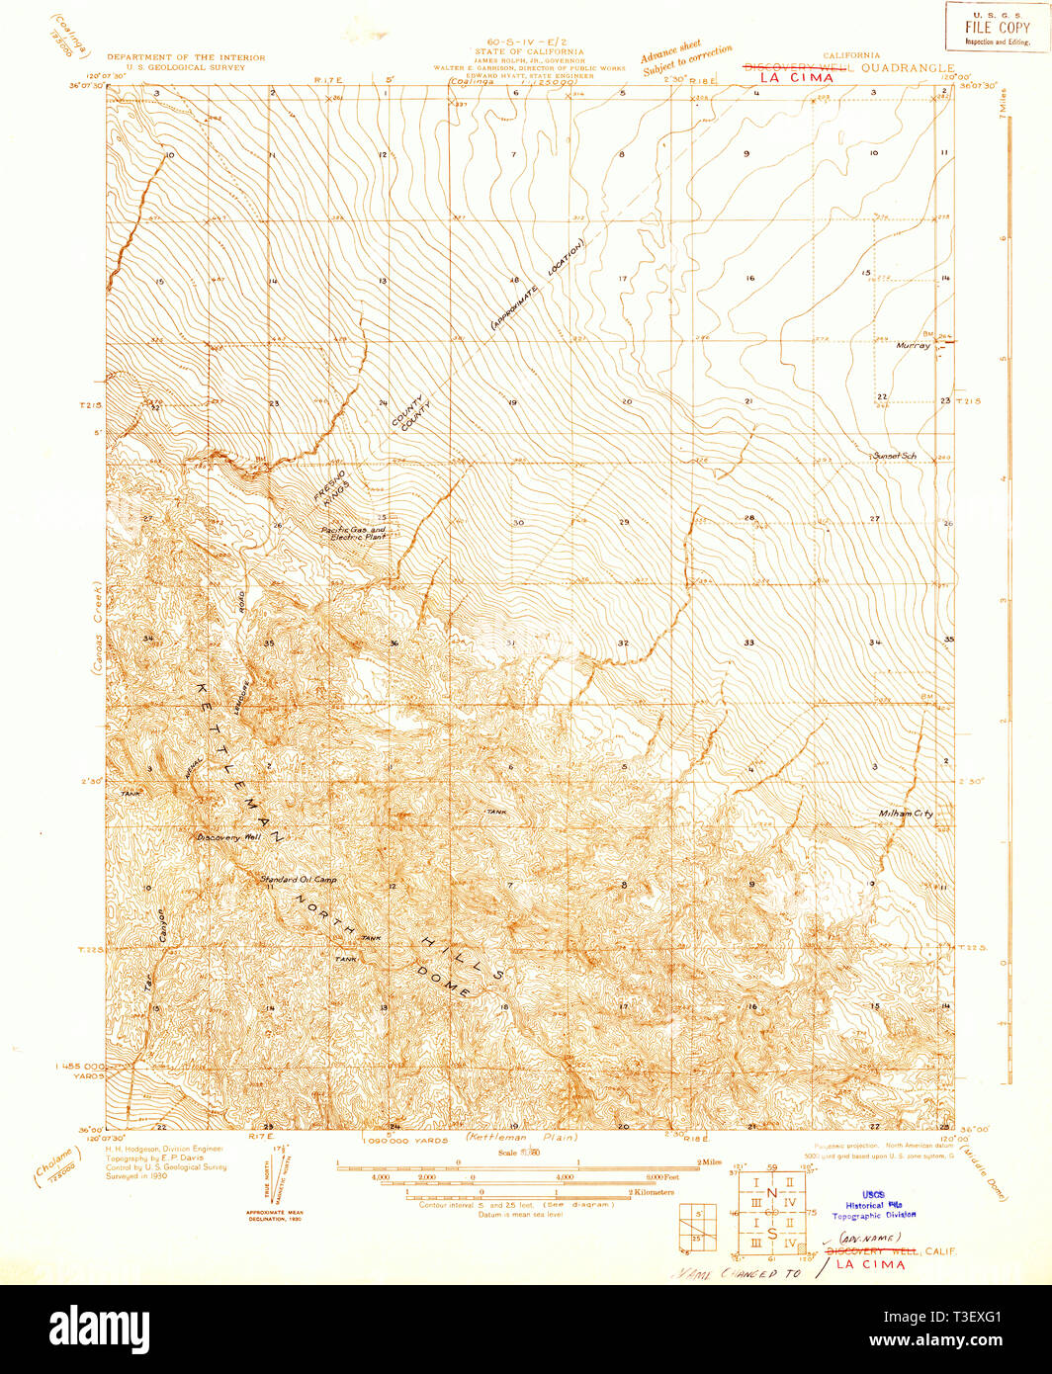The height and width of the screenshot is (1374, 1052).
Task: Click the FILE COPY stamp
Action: pos(997,27)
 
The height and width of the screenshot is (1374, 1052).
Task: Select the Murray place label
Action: pos(913,346)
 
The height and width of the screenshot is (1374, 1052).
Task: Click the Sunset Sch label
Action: pos(895,456)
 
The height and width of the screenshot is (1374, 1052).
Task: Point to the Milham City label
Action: pos(905,814)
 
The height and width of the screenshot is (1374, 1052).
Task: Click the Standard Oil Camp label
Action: pos(298,879)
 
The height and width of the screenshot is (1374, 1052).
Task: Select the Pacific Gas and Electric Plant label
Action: pos(355,534)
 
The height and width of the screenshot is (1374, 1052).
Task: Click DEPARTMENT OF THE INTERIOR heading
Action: pos(186,58)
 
